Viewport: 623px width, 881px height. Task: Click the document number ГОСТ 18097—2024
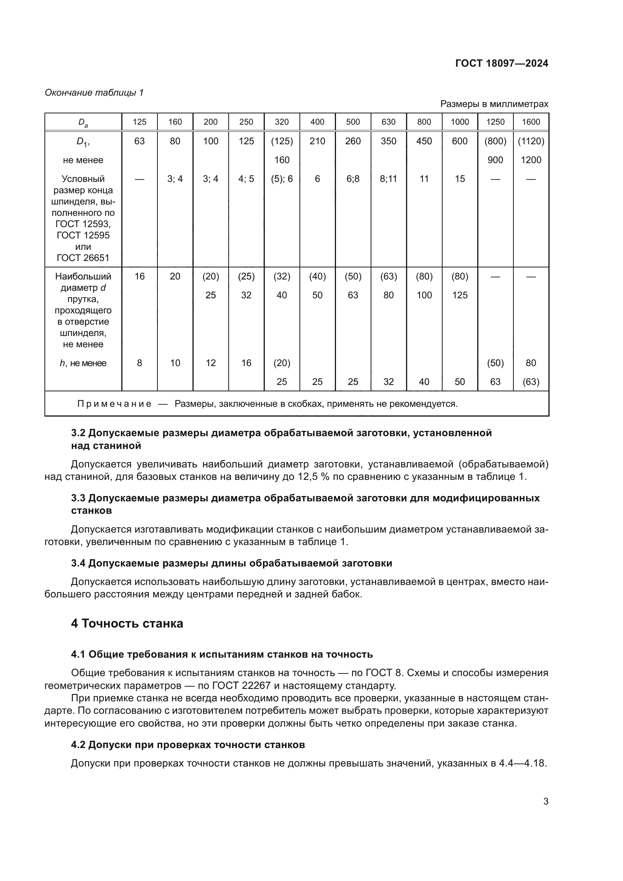[501, 63]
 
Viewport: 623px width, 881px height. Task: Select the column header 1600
[531, 122]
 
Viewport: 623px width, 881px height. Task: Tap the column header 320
[282, 122]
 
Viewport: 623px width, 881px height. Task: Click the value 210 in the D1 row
[317, 141]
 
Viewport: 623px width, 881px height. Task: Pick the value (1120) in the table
[531, 141]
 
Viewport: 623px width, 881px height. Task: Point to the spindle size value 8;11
[388, 179]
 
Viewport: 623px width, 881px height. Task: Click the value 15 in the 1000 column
[460, 179]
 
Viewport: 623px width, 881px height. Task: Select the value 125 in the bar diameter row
[460, 295]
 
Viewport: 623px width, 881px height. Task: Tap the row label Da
[83, 122]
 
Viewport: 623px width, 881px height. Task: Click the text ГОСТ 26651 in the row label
[83, 258]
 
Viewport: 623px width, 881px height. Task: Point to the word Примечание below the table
[115, 404]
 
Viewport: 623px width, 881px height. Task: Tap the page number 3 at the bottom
[545, 802]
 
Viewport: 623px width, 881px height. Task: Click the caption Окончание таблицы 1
[94, 93]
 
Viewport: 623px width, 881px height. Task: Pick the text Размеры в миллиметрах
[494, 104]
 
